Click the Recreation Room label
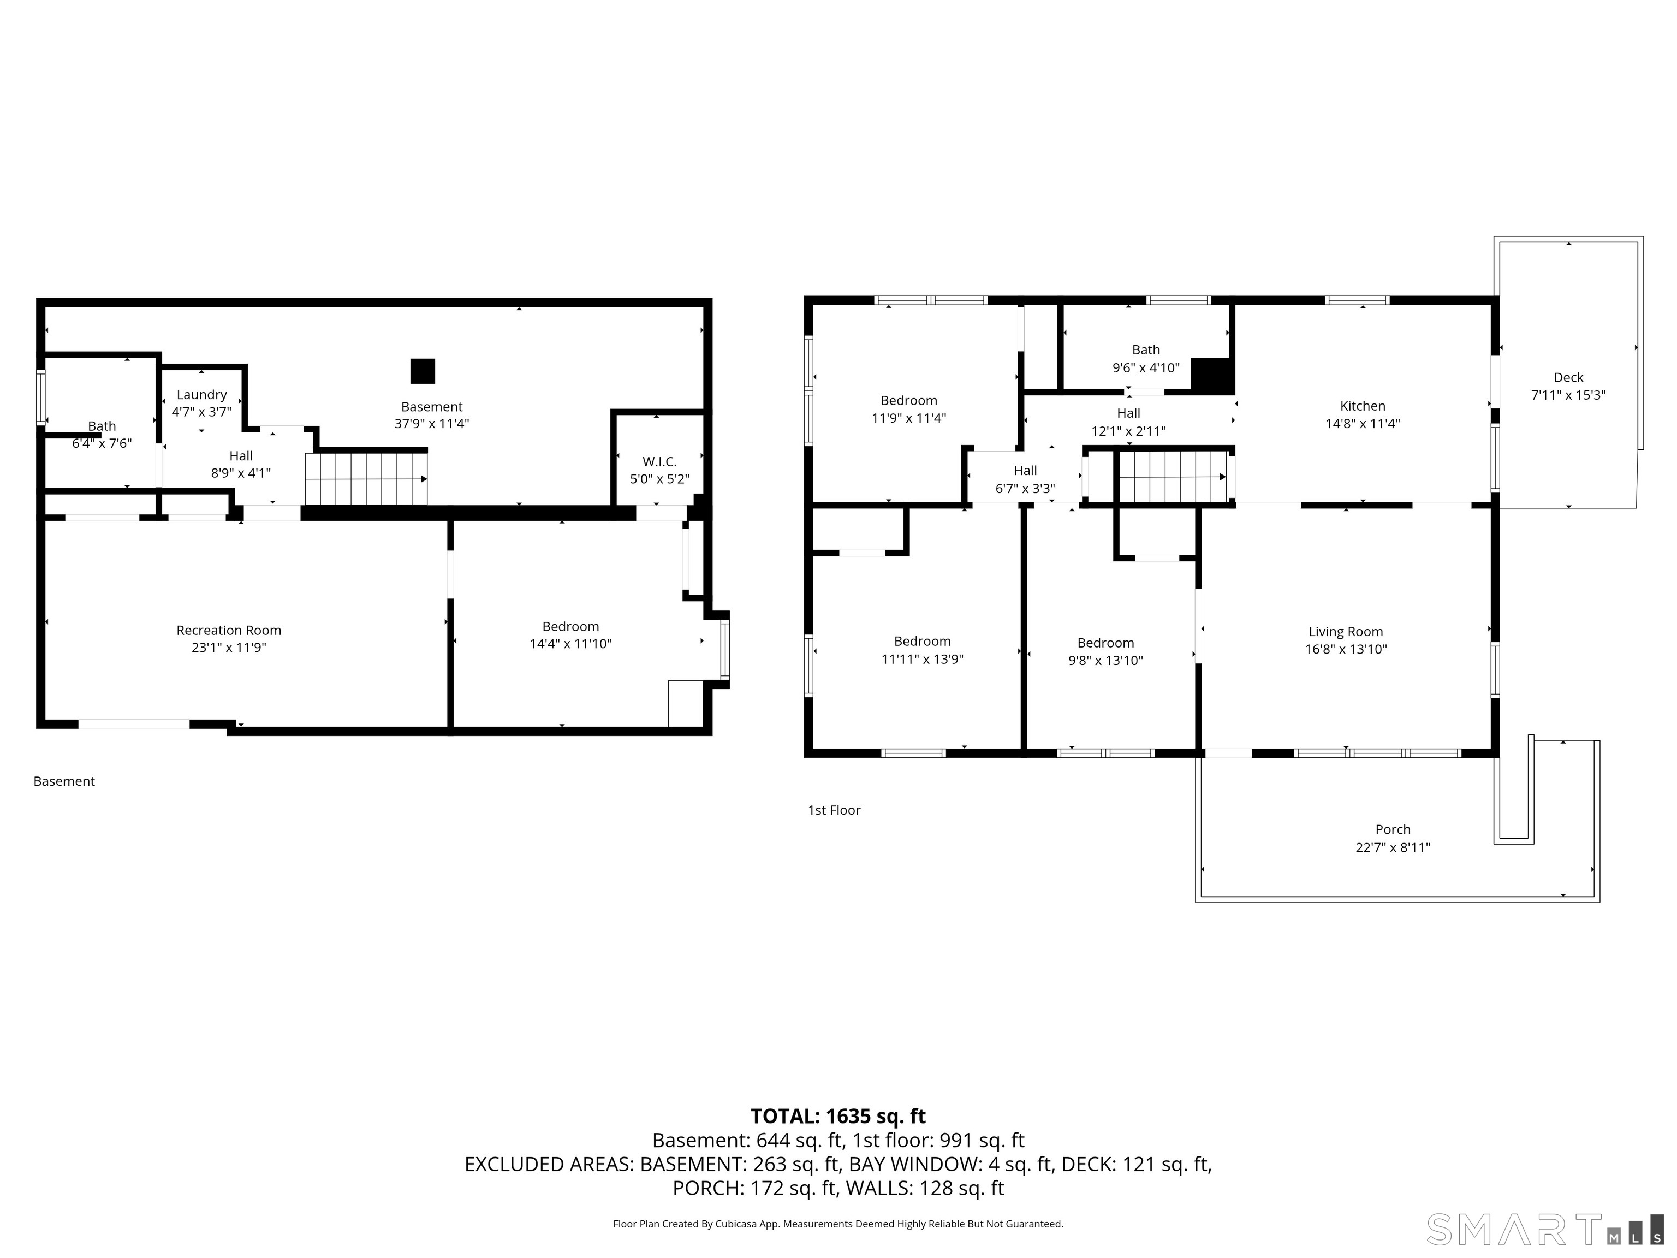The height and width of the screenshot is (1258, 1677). click(229, 630)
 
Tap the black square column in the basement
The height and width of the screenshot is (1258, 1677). click(423, 371)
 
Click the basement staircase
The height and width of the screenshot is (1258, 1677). click(366, 478)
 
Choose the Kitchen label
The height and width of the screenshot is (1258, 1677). click(1363, 406)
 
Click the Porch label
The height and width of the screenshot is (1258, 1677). click(1393, 829)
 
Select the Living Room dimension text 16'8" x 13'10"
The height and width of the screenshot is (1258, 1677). click(1346, 649)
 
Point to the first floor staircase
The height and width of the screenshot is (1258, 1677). click(1173, 476)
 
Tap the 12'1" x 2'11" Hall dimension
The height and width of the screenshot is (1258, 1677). click(1128, 431)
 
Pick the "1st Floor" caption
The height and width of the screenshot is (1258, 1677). click(834, 810)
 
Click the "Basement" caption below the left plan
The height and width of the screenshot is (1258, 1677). click(64, 781)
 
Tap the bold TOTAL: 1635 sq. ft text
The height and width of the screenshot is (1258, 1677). click(838, 1116)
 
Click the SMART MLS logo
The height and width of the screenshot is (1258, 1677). click(1545, 1229)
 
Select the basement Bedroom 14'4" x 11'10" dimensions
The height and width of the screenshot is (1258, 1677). click(570, 644)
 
